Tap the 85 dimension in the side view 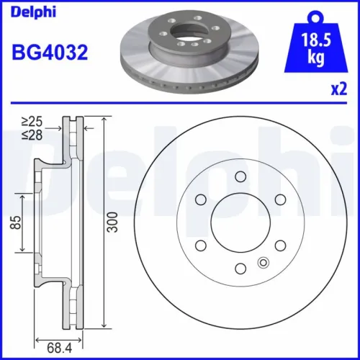coord(14,224)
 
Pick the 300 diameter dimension coord(111,224)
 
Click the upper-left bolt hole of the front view coord(200,199)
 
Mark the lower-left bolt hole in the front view coord(200,246)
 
